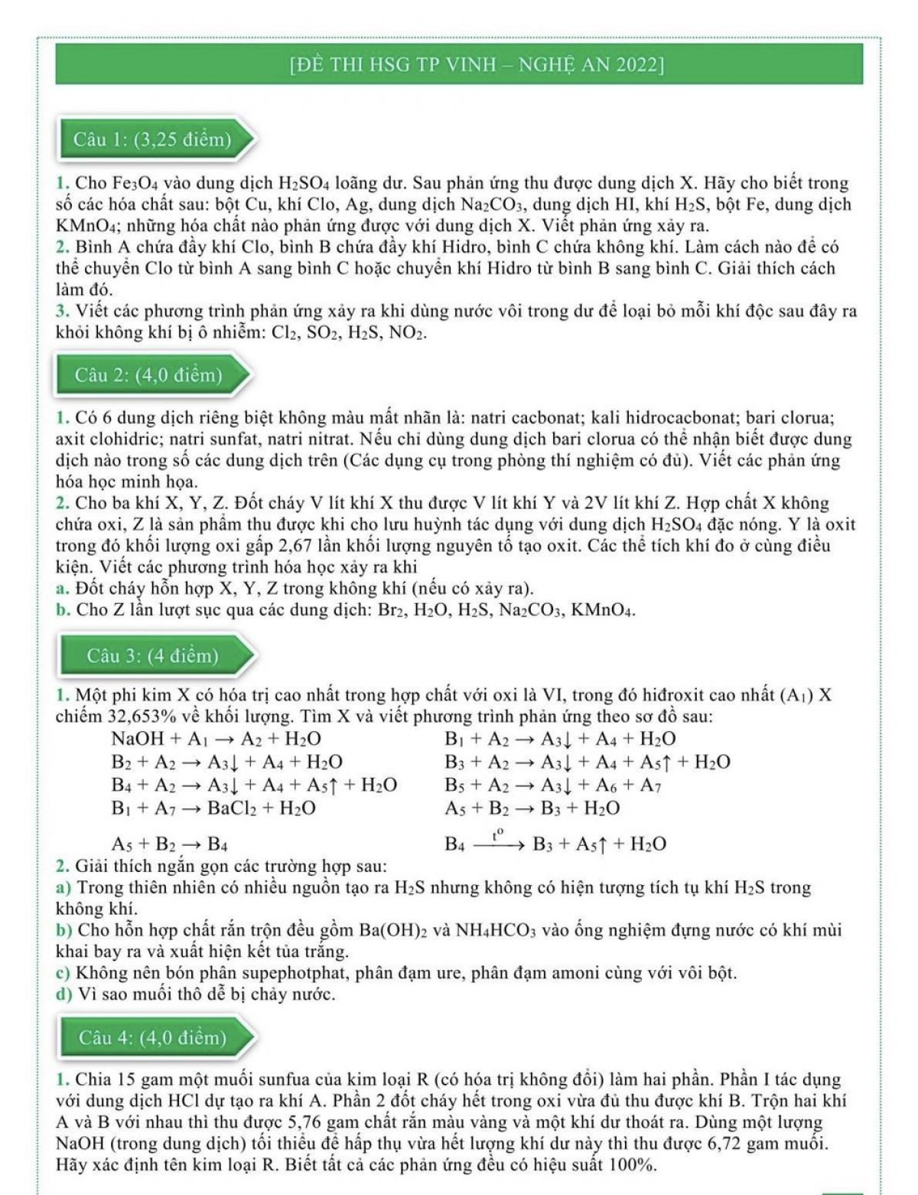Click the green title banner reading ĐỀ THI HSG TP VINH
[459, 64]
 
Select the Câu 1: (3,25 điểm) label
[152, 139]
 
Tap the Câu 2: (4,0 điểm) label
[148, 375]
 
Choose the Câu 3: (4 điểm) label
[152, 656]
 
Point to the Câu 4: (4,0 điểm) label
[152, 1037]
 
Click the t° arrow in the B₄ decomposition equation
[499, 842]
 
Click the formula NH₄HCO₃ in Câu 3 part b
[499, 931]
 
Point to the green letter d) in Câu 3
[64, 994]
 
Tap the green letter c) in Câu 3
[64, 973]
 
